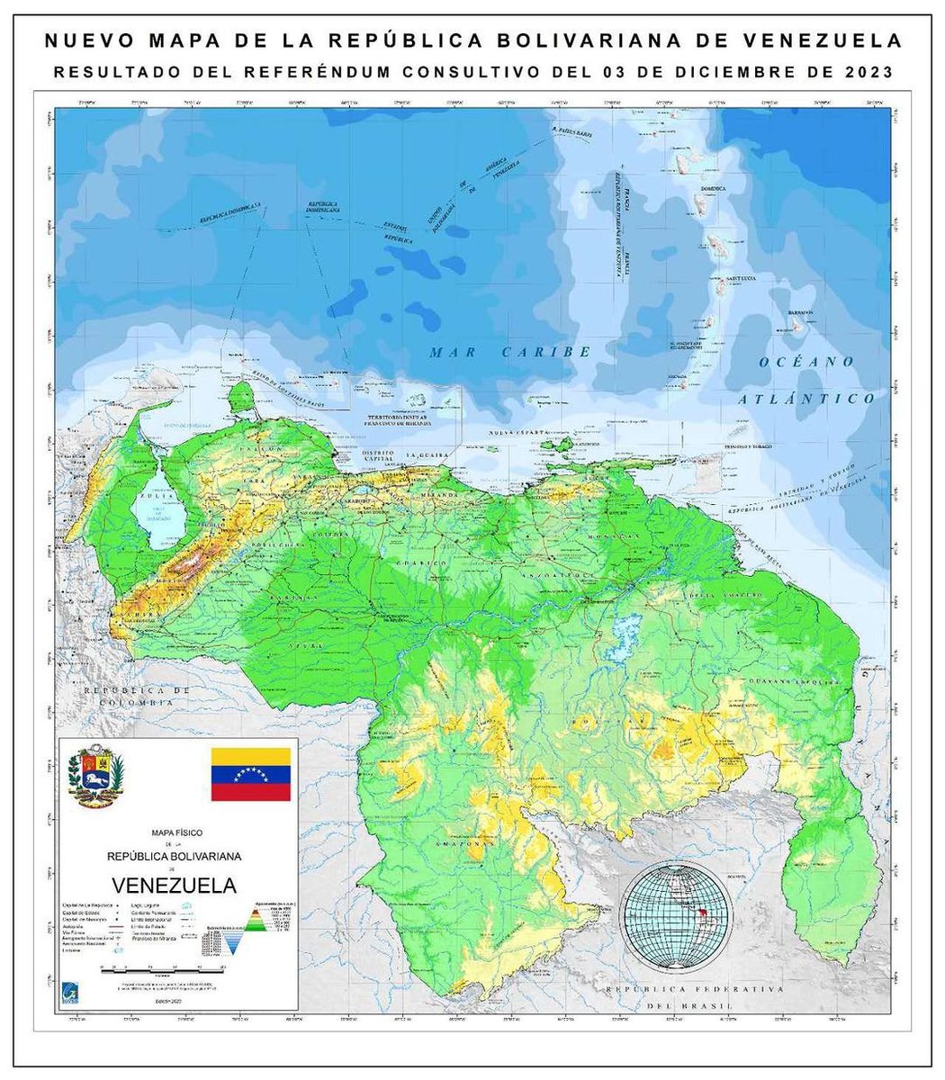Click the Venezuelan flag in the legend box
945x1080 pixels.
pos(251,774)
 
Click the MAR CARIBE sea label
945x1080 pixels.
pos(509,352)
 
